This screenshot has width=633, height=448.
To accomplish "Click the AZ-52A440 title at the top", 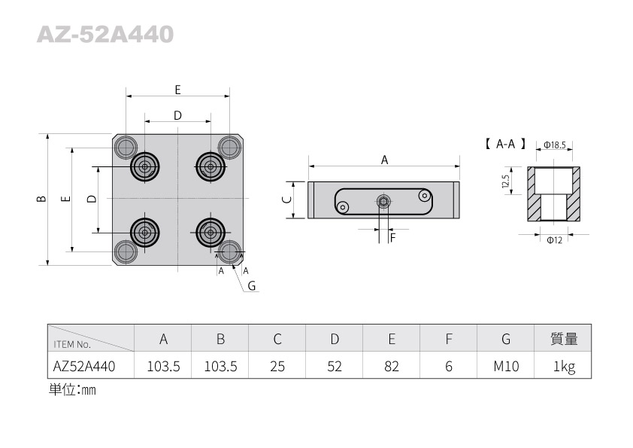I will pyautogui.click(x=105, y=35).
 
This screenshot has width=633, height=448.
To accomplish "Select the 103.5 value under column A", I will pyautogui.click(x=162, y=367).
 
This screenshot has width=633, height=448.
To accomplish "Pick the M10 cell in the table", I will pyautogui.click(x=506, y=367).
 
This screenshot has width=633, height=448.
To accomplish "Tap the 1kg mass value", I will pyautogui.click(x=564, y=367).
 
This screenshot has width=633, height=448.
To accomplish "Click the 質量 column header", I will pyautogui.click(x=564, y=340).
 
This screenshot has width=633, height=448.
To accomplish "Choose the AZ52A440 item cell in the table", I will pyautogui.click(x=84, y=367).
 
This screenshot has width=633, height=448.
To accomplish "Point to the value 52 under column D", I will pyautogui.click(x=335, y=367).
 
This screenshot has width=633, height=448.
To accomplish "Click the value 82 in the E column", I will pyautogui.click(x=392, y=367).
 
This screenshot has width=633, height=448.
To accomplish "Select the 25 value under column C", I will pyautogui.click(x=277, y=367).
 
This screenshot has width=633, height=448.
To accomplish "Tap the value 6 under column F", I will pyautogui.click(x=449, y=367).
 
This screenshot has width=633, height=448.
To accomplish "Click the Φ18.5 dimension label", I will pyautogui.click(x=554, y=145).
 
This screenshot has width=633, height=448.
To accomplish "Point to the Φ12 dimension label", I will pyautogui.click(x=554, y=239).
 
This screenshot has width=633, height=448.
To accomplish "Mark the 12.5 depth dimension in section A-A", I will pyautogui.click(x=507, y=181).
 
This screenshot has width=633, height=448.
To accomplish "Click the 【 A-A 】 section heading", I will pyautogui.click(x=504, y=144).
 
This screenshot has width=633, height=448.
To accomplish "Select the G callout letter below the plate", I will pyautogui.click(x=252, y=285).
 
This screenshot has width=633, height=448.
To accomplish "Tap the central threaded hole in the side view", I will pyautogui.click(x=383, y=201).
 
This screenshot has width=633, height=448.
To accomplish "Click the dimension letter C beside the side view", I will pyautogui.click(x=286, y=200).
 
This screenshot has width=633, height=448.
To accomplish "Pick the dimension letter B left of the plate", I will pyautogui.click(x=41, y=199).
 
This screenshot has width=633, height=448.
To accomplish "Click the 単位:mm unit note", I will pyautogui.click(x=72, y=390).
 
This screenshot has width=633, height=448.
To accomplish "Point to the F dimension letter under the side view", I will pyautogui.click(x=392, y=237).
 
